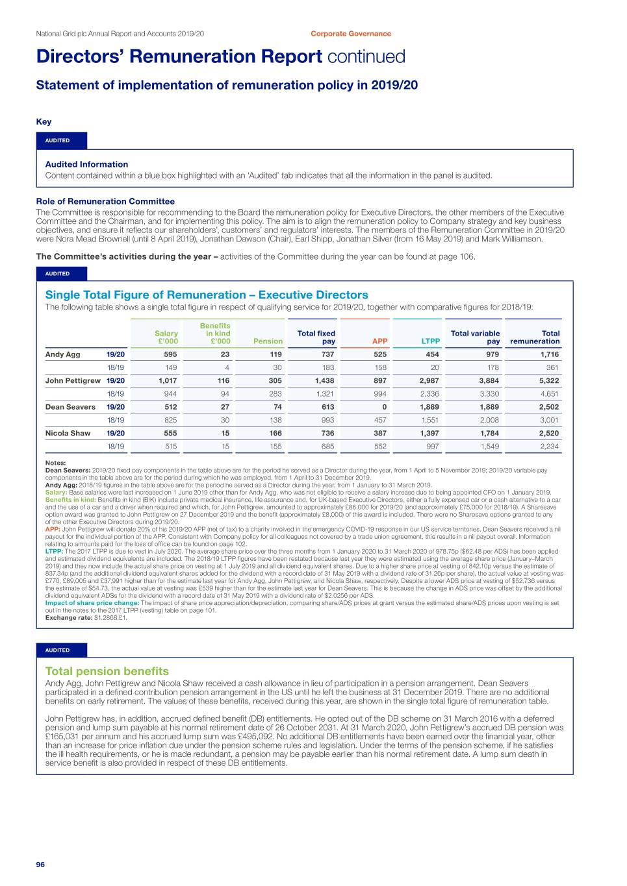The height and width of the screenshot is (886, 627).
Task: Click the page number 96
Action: (40, 865)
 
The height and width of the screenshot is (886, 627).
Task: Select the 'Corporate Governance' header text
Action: (350, 34)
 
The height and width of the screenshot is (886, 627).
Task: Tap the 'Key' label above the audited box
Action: (44, 121)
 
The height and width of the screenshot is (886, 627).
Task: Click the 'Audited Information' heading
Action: (86, 164)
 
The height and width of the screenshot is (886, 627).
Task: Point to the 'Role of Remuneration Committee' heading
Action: (105, 201)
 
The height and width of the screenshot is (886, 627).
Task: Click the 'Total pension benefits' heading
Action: (107, 671)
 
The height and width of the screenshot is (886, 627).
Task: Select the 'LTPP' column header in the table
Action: (430, 341)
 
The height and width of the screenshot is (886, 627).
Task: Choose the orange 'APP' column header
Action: (379, 341)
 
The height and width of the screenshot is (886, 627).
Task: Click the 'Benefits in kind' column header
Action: (215, 333)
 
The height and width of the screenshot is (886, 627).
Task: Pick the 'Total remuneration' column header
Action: (535, 337)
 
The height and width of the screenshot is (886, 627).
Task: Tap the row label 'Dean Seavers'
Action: (70, 407)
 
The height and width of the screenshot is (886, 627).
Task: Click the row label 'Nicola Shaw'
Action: (68, 433)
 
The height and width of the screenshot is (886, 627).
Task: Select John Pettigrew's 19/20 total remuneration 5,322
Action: (548, 381)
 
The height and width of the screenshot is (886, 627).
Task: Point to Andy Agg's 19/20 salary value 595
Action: (170, 354)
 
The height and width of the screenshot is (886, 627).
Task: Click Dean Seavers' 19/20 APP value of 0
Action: (384, 407)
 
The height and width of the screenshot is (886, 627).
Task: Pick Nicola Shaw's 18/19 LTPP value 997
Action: (432, 447)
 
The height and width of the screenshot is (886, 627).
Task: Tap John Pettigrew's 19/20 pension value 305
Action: (275, 381)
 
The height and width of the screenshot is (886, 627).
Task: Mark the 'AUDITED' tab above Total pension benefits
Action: (58, 650)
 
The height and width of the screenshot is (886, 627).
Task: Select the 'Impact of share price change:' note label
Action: (92, 603)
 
